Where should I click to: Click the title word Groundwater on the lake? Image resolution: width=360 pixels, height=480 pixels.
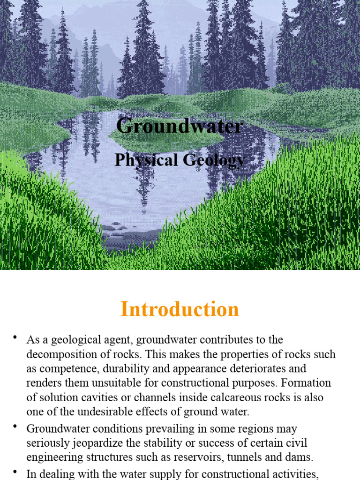click(180, 126)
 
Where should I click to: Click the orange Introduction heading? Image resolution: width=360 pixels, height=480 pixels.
click(180, 310)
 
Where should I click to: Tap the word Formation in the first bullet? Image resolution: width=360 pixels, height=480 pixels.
click(307, 383)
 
